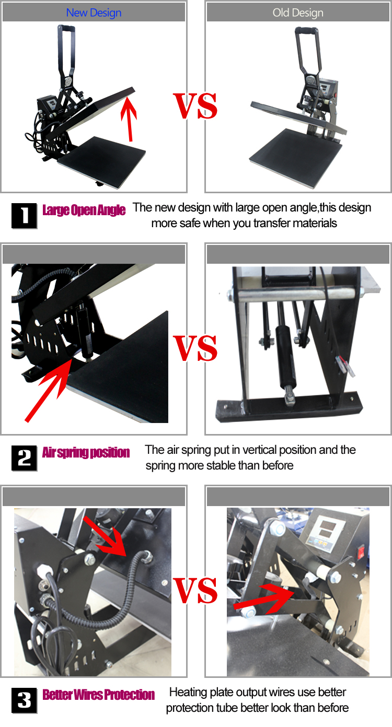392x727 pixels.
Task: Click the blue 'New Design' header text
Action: click(x=94, y=13)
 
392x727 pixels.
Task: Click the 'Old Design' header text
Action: click(x=298, y=13)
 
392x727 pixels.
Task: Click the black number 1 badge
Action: click(x=24, y=216)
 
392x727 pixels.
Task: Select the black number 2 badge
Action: click(x=24, y=458)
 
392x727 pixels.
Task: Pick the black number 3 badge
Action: click(x=24, y=700)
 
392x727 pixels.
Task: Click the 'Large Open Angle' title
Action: click(x=84, y=210)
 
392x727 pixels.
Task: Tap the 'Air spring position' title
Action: click(x=86, y=452)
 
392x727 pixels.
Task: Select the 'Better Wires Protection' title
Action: click(x=98, y=695)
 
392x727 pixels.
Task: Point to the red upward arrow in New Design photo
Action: click(x=129, y=119)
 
